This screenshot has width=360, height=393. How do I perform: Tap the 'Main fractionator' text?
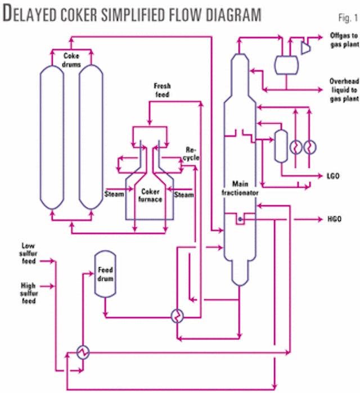click(x=244, y=189)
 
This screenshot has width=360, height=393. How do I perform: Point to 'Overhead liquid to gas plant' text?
click(x=343, y=89)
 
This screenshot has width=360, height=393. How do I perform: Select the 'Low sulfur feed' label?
click(x=29, y=254)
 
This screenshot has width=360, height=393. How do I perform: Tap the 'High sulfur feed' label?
click(x=28, y=293)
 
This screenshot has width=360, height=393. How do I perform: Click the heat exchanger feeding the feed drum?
click(x=83, y=352)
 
